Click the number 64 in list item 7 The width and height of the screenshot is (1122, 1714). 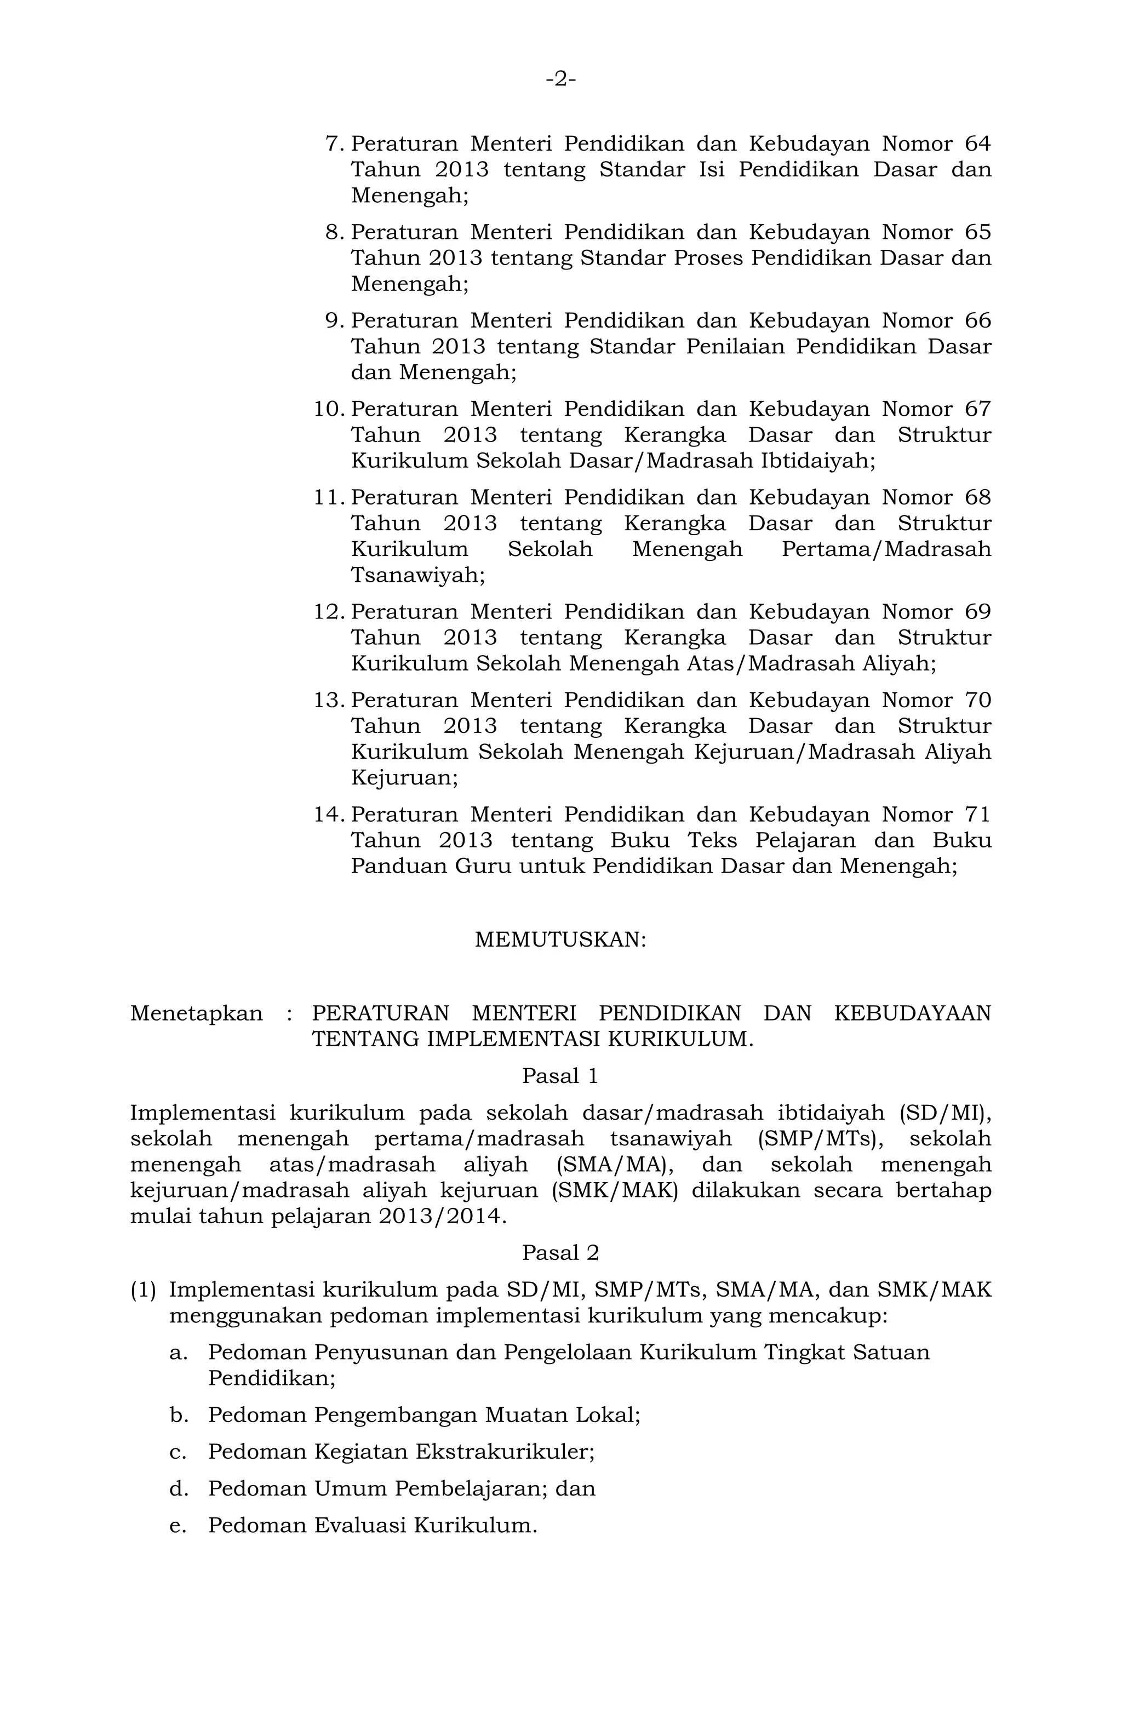click(x=977, y=144)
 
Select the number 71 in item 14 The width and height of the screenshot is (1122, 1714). click(x=977, y=815)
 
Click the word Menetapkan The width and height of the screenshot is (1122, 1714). click(x=197, y=1013)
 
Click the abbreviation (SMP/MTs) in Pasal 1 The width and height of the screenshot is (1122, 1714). click(x=822, y=1139)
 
